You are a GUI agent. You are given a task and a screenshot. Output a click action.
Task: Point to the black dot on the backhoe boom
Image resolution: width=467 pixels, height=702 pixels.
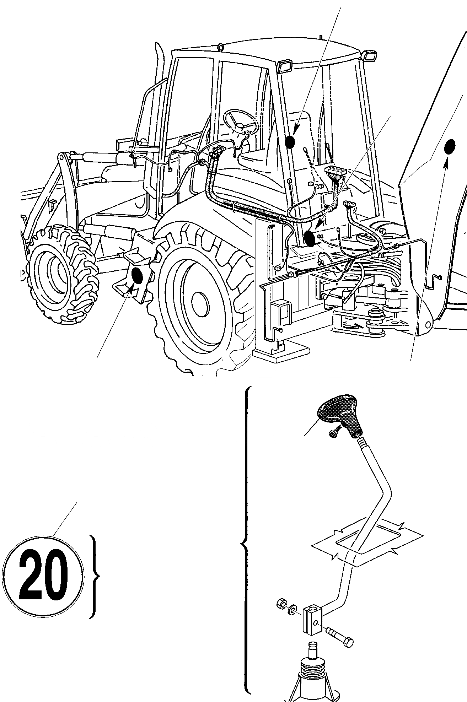click(450, 146)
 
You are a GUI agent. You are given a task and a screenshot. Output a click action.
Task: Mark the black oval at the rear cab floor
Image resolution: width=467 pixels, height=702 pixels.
click(310, 238)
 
